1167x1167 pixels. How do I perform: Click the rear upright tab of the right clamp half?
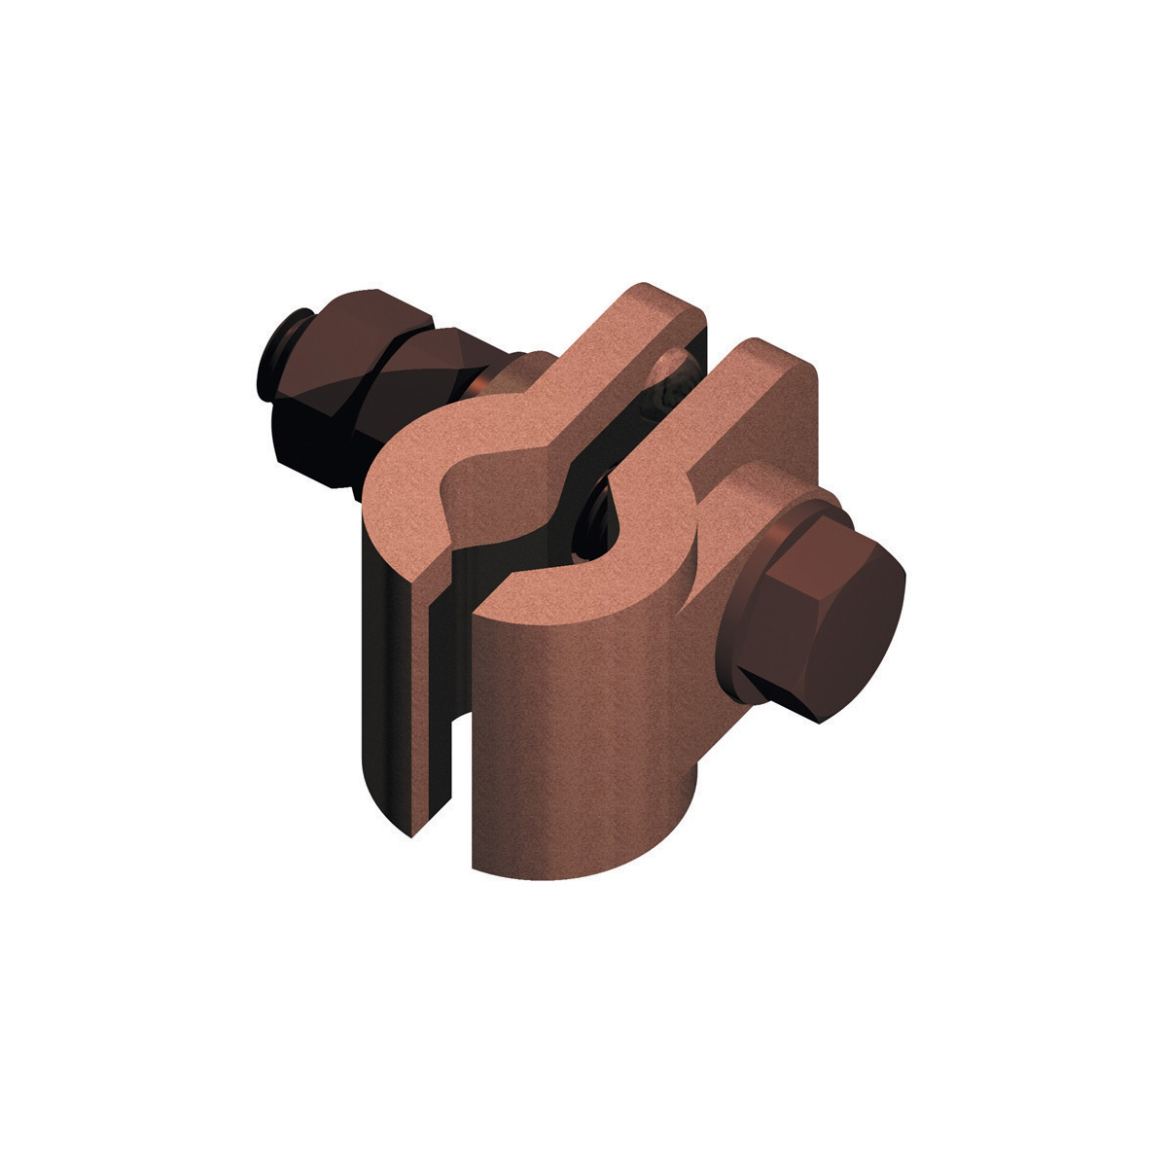[x=768, y=389]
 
